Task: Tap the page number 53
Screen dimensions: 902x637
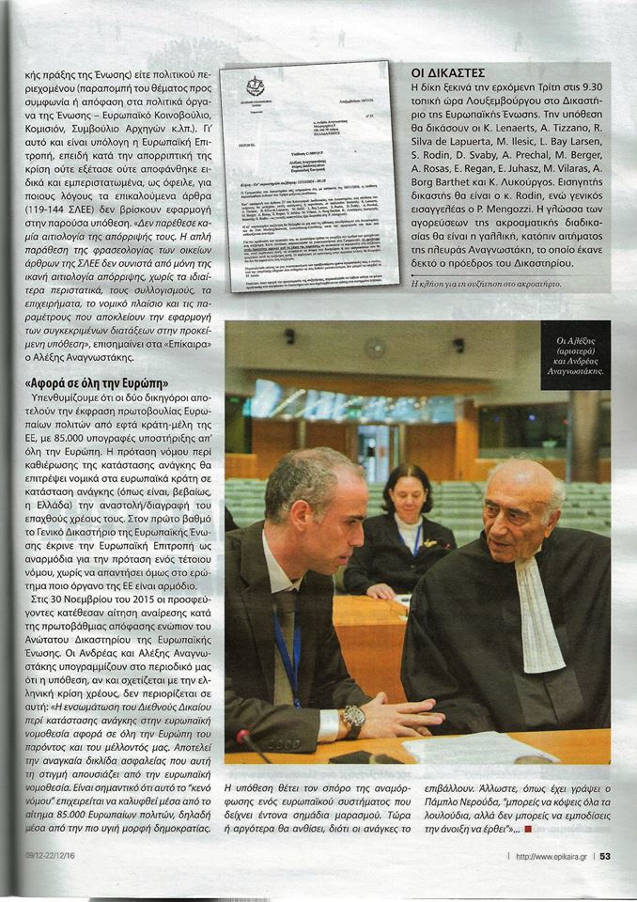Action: coord(605,856)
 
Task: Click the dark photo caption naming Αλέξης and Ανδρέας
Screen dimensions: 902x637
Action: coord(574,359)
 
